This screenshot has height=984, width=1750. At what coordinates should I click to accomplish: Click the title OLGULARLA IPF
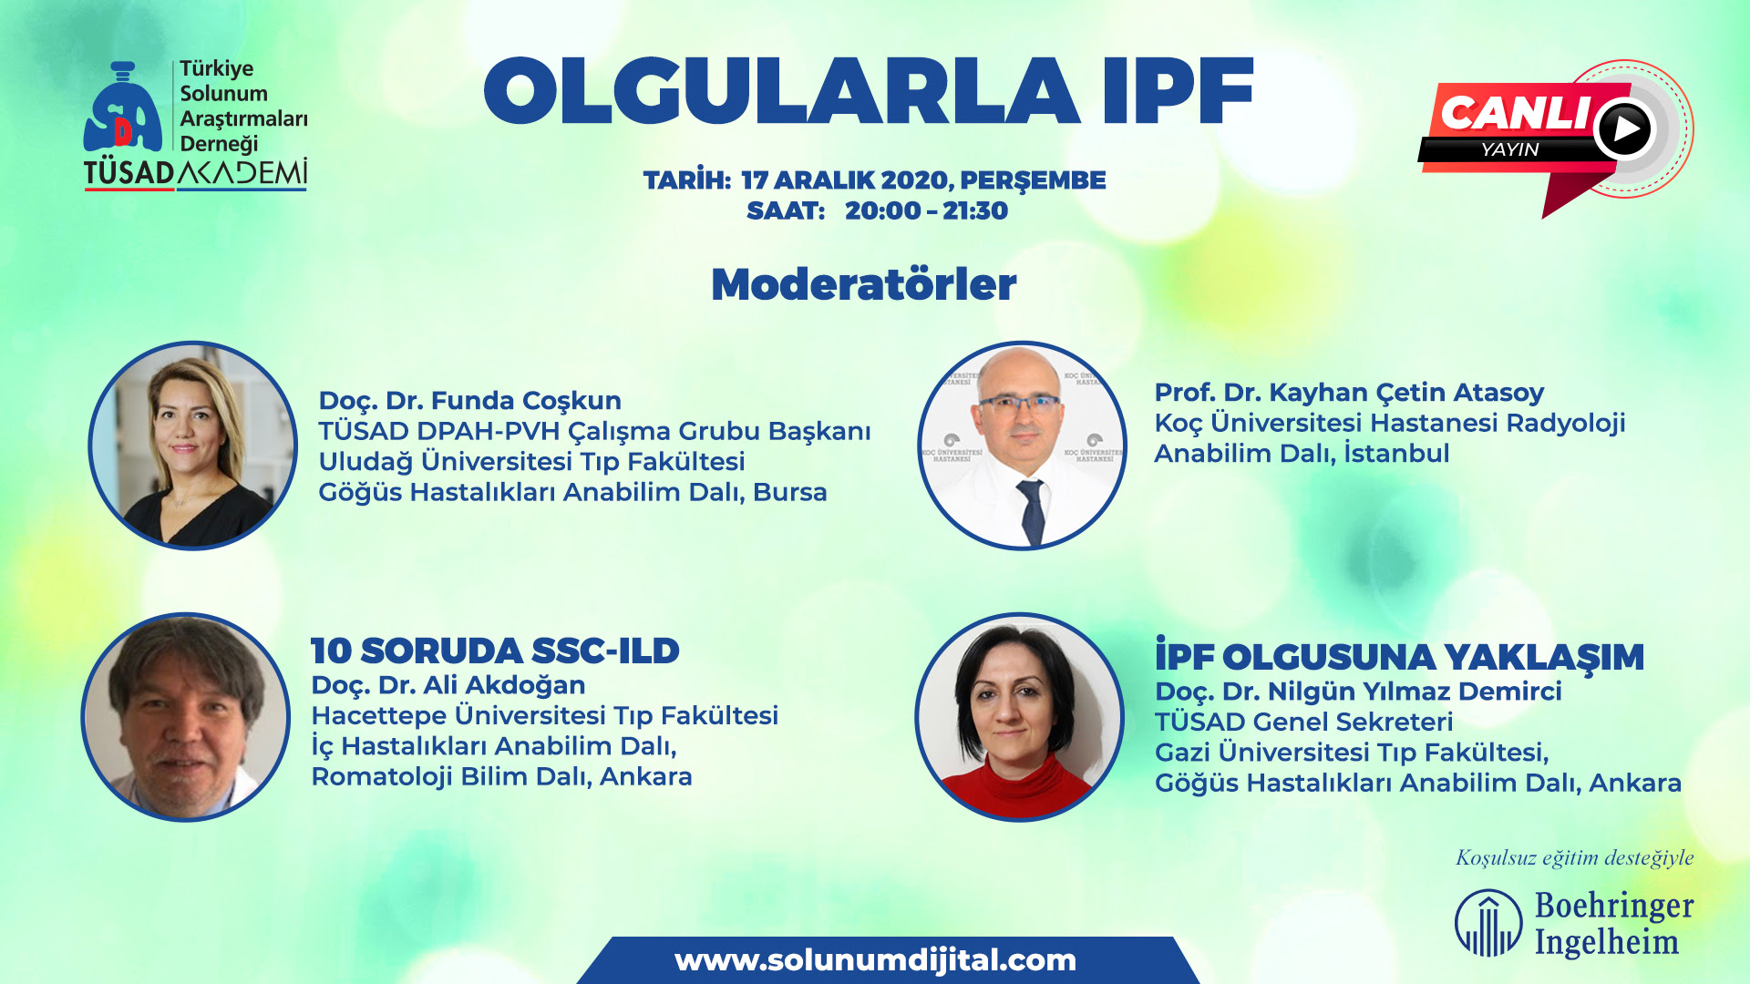(869, 91)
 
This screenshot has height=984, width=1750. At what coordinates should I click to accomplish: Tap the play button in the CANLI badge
(1624, 128)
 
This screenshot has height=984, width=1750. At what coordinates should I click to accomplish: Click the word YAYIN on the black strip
(1509, 149)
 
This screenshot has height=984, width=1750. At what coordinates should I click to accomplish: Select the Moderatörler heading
(863, 284)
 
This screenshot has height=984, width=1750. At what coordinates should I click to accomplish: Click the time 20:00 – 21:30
(926, 210)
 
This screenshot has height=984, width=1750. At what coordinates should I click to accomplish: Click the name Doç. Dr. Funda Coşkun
(469, 401)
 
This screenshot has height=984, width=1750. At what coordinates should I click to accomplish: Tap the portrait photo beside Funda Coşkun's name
(193, 446)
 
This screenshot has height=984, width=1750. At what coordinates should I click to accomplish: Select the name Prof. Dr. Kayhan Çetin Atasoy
(1349, 393)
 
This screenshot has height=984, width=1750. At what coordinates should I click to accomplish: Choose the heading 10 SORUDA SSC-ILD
(495, 651)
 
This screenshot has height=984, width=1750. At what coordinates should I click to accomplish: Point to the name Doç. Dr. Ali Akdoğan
(448, 685)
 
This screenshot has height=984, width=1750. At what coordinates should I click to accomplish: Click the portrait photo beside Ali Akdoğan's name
(186, 717)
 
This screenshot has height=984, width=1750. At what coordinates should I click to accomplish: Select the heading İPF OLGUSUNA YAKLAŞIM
(1399, 655)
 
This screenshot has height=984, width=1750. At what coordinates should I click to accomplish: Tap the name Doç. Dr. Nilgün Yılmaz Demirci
(1358, 692)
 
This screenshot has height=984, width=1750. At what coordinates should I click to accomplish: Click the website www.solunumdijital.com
(875, 960)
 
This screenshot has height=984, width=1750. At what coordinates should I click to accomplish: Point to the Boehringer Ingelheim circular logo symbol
(1488, 923)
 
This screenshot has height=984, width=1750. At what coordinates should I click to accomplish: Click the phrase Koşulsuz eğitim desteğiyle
(1574, 857)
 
